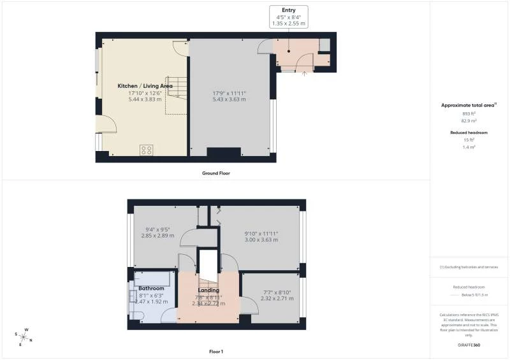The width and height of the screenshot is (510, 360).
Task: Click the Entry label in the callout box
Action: (288, 10)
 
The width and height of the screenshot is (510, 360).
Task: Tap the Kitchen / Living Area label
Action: (145, 85)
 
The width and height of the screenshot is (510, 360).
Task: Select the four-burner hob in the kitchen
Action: (147, 150)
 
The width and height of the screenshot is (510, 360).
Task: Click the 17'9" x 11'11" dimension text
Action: (229, 93)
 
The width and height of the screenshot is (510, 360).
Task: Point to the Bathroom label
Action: (152, 288)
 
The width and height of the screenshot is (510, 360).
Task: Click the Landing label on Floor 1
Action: (208, 291)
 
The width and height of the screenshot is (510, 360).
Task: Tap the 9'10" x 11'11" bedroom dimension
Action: (261, 233)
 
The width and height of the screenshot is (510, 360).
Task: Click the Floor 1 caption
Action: (215, 351)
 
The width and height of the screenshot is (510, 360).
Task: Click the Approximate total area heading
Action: (469, 104)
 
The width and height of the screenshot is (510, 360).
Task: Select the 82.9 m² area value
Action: (469, 119)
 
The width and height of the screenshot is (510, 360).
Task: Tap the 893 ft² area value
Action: (469, 113)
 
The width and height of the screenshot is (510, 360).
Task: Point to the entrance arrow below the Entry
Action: (304, 73)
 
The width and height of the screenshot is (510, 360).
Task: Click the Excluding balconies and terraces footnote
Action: (469, 267)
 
